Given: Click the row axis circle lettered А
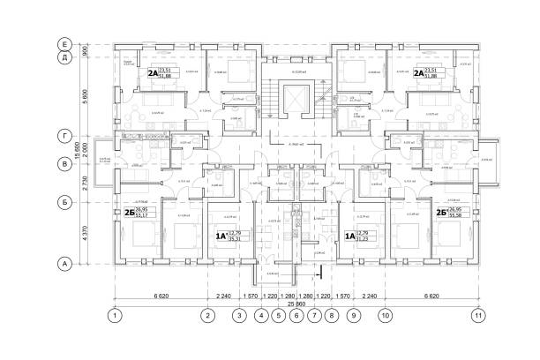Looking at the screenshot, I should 64,262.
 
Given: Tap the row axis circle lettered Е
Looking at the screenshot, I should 64,43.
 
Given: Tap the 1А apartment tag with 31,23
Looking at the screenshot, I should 358,235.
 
